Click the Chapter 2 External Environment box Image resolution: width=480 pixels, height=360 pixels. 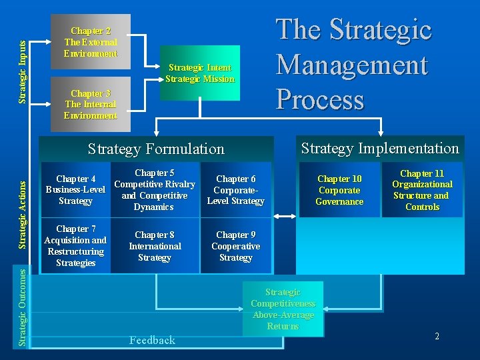tap(91, 41)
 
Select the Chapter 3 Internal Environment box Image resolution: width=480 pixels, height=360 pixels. tap(91, 105)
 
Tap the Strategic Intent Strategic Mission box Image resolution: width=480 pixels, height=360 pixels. tap(200, 73)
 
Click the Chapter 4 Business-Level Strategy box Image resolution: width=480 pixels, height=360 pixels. tap(75, 190)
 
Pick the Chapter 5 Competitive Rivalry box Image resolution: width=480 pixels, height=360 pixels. tap(154, 190)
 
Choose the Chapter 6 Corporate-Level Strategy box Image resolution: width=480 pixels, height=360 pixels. tap(235, 190)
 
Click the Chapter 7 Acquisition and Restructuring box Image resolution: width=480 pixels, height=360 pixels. tap(75, 246)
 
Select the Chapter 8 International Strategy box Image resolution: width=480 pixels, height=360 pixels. tap(154, 246)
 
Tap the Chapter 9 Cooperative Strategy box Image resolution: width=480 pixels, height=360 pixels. tap(235, 246)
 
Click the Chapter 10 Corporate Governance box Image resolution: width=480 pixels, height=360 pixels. tap(339, 190)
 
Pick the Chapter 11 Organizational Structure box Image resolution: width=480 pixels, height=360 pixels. tap(422, 190)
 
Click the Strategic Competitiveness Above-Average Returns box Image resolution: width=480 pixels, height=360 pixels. tap(283, 309)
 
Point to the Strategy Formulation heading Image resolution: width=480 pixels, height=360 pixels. tap(157, 149)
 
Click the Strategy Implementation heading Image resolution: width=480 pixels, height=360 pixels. tap(380, 148)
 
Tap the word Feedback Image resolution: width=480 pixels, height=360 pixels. tap(152, 340)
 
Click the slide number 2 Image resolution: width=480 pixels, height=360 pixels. tap(437, 337)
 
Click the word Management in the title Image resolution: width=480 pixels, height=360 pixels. tap(351, 65)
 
